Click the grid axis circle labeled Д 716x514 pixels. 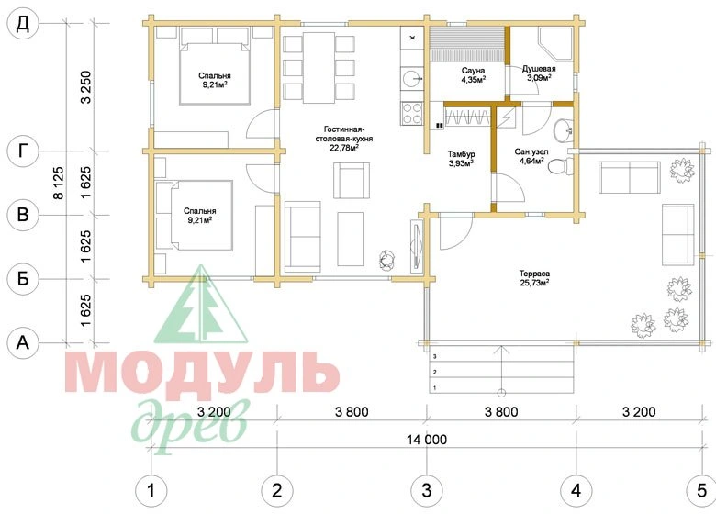click(x=23, y=24)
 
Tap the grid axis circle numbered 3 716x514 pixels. click(x=427, y=491)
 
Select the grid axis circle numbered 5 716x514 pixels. click(x=702, y=491)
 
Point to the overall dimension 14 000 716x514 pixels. click(x=427, y=440)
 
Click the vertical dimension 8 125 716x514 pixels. click(x=59, y=183)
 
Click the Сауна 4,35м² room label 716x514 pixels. click(x=473, y=75)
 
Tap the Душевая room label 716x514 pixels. click(x=539, y=70)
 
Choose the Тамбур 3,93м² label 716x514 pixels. click(x=461, y=159)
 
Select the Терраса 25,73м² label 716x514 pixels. click(x=534, y=278)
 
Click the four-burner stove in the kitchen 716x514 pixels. click(x=412, y=113)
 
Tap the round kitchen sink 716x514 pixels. click(x=412, y=78)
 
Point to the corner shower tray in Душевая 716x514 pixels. click(x=555, y=44)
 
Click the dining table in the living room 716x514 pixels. click(x=319, y=67)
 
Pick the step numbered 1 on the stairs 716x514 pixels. click(x=501, y=386)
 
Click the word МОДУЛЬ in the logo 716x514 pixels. click(x=202, y=372)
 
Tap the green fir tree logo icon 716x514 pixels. click(x=201, y=305)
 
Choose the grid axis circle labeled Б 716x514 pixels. click(x=23, y=278)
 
